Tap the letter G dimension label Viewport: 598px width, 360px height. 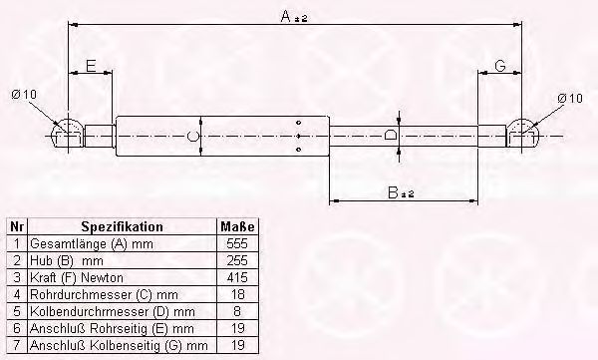(501, 66)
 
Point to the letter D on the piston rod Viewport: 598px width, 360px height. (392, 134)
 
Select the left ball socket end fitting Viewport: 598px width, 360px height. (68, 134)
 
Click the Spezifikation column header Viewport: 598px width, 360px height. (122, 227)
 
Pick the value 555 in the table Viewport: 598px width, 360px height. (238, 242)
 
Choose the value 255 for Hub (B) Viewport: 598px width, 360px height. (238, 258)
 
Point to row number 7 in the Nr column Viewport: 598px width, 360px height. (15, 345)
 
